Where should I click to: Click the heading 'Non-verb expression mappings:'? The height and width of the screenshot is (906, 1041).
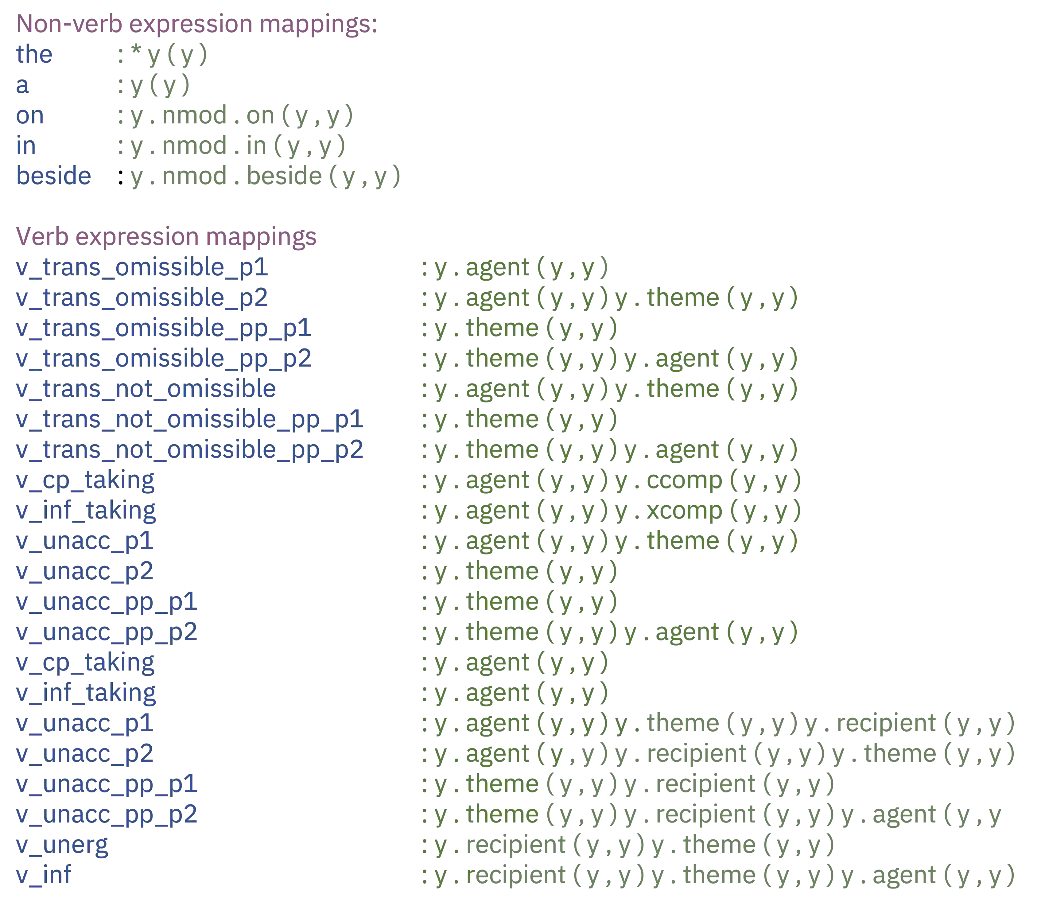[x=197, y=24]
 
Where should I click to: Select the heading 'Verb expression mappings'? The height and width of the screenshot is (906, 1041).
[x=166, y=237]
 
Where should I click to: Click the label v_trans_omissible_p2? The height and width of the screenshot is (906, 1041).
[x=142, y=298]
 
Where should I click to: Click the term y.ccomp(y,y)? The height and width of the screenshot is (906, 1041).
[x=708, y=480]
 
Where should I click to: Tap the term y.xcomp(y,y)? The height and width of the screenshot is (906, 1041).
[x=708, y=511]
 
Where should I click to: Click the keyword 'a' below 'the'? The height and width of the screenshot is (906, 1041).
[x=22, y=85]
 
